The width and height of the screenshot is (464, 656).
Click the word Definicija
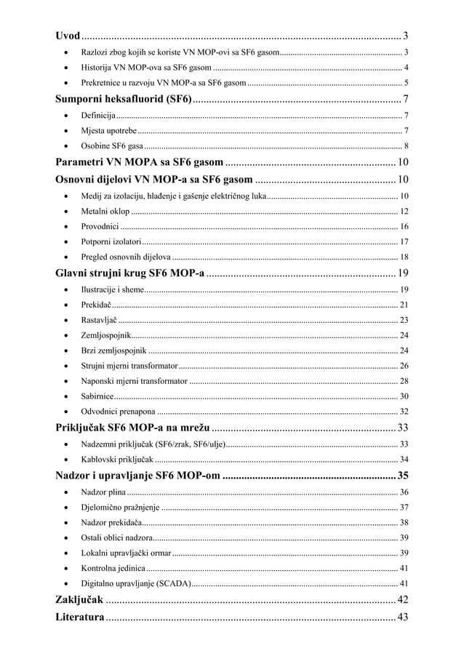98,116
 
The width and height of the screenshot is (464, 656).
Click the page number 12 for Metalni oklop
404,211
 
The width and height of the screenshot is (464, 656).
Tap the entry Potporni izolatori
111,241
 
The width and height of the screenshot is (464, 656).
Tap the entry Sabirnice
97,396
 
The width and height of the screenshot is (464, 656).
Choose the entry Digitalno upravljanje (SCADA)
136,583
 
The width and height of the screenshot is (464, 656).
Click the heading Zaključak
80,599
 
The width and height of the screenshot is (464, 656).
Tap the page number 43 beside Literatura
402,617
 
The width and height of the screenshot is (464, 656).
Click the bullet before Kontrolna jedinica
67,568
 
